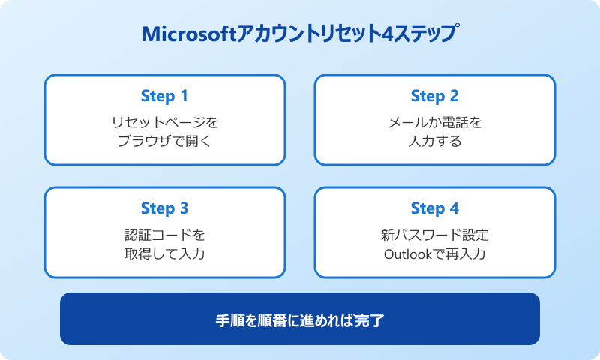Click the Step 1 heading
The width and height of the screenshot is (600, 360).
(164, 96)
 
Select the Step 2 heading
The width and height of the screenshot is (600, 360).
(434, 96)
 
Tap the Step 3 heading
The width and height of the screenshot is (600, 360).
(164, 208)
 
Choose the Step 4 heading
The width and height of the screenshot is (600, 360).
(434, 208)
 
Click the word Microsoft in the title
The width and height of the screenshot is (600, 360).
(187, 34)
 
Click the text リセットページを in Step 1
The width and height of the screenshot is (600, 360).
(164, 121)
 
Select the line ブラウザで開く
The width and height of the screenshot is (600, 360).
(164, 141)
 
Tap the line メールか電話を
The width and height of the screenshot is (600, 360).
(434, 121)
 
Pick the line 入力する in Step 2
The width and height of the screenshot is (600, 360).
(434, 141)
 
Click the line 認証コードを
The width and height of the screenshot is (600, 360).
(164, 234)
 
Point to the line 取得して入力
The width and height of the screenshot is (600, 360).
(164, 253)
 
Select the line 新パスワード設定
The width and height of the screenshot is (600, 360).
(434, 234)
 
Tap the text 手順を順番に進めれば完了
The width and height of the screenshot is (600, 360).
(300, 319)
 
